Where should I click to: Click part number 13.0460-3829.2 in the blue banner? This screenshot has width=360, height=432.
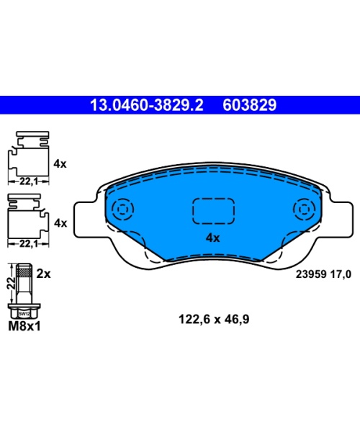click(x=147, y=105)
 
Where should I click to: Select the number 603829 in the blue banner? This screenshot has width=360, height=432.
click(x=249, y=105)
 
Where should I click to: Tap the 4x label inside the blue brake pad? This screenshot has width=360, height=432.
click(x=212, y=238)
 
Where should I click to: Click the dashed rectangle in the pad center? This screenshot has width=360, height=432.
click(x=213, y=211)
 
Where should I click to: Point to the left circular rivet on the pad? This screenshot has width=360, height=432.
click(x=122, y=209)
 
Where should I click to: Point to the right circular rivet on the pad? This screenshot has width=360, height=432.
click(x=304, y=209)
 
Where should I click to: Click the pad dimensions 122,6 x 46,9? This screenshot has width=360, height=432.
click(x=214, y=319)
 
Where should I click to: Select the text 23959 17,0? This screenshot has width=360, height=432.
click(x=323, y=274)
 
